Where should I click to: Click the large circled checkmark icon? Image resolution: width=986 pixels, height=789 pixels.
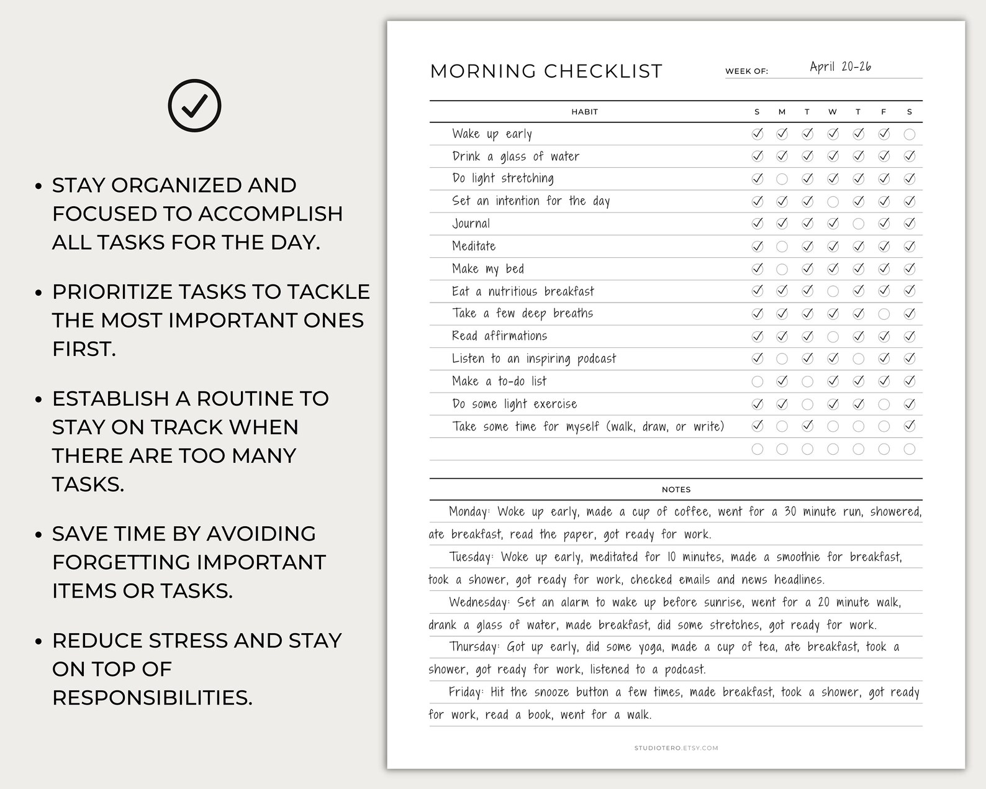[194, 106]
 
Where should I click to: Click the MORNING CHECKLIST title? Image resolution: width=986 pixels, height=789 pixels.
[546, 71]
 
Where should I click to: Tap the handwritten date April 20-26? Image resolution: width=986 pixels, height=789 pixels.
[840, 67]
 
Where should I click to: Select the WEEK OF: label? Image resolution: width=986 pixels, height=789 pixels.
[746, 71]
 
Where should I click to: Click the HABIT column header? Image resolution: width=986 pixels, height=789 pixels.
[584, 112]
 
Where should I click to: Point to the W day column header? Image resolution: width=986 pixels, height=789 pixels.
[833, 112]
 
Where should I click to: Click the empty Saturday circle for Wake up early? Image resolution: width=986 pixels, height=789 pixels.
[909, 134]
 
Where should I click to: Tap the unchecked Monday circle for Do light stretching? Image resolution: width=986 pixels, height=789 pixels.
[782, 179]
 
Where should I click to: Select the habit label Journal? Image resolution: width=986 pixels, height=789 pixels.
[471, 224]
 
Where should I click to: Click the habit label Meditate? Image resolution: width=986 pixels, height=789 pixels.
[474, 246]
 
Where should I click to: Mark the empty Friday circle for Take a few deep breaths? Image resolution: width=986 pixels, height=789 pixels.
[884, 314]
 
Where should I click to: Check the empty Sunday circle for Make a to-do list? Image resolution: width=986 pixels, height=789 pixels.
[757, 381]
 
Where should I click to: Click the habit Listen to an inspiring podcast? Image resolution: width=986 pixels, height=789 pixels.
[534, 358]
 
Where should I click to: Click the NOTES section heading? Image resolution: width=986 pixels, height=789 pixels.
[676, 490]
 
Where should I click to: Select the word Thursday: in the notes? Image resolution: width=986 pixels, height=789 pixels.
[474, 647]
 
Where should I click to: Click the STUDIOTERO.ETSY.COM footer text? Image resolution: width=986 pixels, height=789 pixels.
[676, 748]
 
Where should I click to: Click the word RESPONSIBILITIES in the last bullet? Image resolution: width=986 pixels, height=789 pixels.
[152, 698]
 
